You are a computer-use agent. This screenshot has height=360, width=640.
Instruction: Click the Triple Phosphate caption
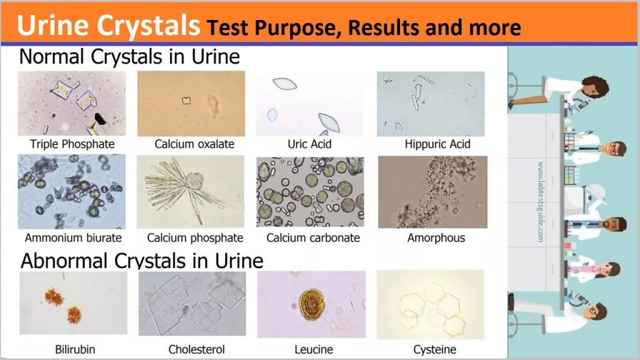tap(72, 144)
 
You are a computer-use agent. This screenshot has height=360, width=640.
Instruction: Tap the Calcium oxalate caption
tap(194, 144)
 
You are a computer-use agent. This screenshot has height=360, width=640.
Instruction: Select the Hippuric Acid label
tap(437, 144)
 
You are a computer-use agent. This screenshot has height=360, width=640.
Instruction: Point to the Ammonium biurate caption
tap(73, 237)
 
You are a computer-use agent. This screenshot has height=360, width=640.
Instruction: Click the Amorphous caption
tap(436, 237)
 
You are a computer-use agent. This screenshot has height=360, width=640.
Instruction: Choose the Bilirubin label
tap(75, 349)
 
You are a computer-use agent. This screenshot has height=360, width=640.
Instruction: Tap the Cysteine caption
tap(435, 349)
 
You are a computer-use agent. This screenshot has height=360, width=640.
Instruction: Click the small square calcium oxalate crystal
tap(186, 101)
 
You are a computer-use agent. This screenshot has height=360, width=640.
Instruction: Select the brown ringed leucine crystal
tap(311, 304)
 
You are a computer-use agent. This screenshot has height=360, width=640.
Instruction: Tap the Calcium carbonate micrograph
tap(310, 192)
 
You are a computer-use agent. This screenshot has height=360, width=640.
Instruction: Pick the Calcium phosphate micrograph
tap(191, 192)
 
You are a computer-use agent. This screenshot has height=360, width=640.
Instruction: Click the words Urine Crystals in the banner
tap(108, 25)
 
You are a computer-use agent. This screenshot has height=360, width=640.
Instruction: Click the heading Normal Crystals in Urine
tap(129, 56)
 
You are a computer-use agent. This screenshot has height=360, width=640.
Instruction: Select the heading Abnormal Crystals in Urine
tap(142, 261)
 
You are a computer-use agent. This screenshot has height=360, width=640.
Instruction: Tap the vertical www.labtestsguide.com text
tap(541, 202)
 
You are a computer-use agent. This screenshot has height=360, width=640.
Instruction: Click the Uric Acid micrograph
tap(309, 104)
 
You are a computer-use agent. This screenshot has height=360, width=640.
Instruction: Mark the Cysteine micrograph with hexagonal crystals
tap(431, 304)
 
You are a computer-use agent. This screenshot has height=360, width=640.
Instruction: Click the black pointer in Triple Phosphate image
tap(100, 119)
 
